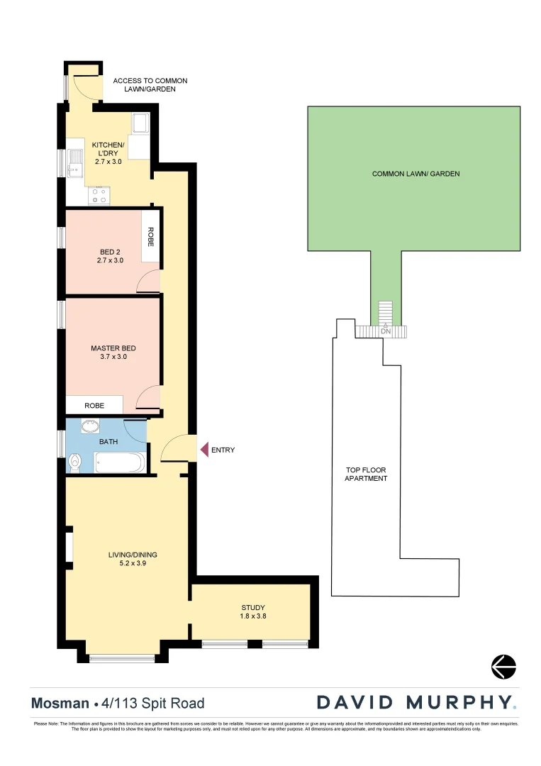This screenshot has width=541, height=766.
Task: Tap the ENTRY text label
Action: tap(223, 450)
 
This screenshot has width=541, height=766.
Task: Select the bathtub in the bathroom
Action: tap(119, 462)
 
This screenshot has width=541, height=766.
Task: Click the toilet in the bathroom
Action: tap(75, 463)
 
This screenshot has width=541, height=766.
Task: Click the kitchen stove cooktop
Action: tap(100, 196)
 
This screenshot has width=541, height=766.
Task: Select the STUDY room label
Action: tap(252, 608)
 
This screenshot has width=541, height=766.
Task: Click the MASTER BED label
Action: tap(113, 348)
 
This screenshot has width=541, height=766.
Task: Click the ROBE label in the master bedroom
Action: tap(94, 406)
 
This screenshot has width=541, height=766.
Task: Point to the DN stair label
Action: tap(385, 331)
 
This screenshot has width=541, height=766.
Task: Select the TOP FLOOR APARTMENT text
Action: tap(366, 474)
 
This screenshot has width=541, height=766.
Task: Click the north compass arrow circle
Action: tap(503, 667)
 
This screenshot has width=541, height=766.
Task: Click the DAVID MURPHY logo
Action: tap(416, 702)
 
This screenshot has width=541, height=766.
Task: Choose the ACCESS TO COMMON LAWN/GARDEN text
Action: tap(150, 85)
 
